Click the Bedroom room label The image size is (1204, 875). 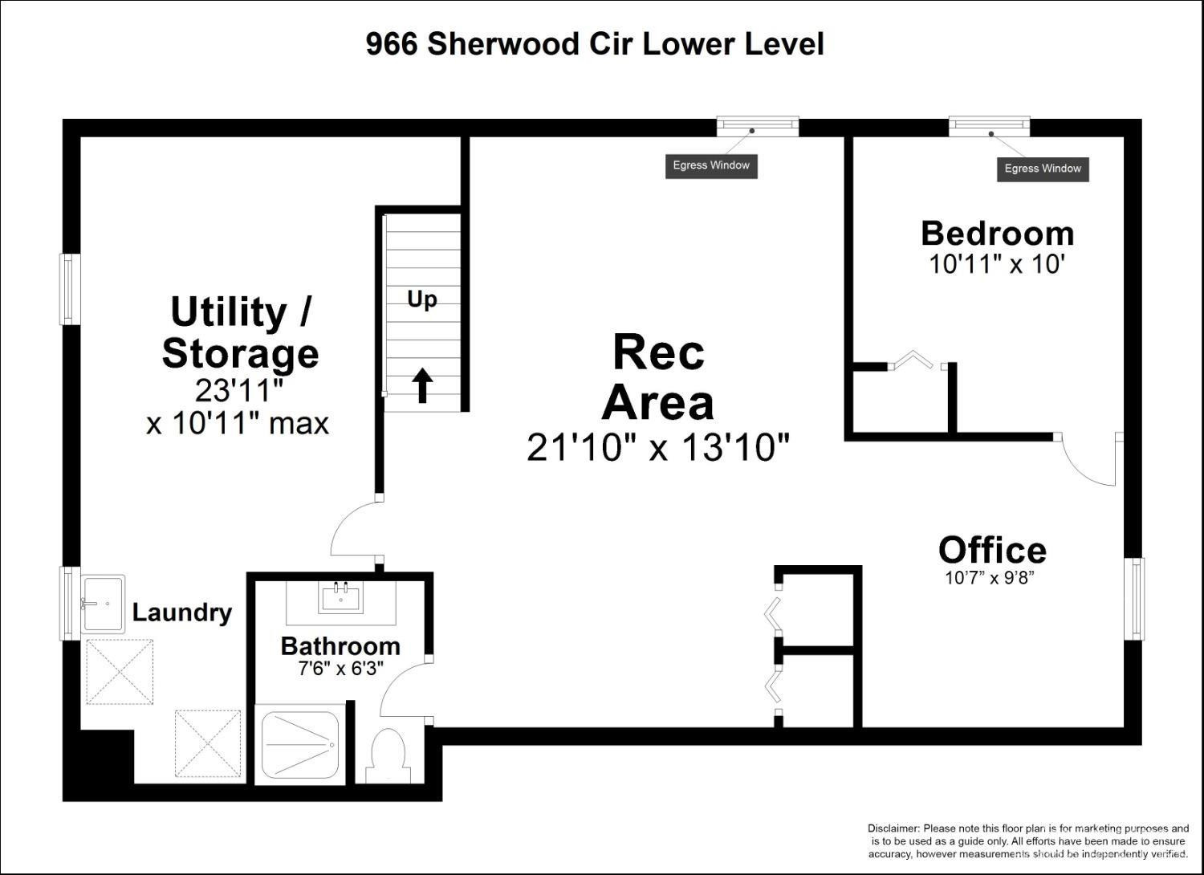pyautogui.click(x=997, y=233)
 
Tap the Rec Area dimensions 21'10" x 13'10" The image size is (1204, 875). pyautogui.click(x=658, y=447)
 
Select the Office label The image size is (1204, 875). pyautogui.click(x=992, y=550)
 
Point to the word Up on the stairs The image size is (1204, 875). pyautogui.click(x=422, y=299)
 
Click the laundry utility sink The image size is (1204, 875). pyautogui.click(x=103, y=604)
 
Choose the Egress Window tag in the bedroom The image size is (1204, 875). pyautogui.click(x=1043, y=169)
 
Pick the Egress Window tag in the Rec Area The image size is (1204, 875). pyautogui.click(x=711, y=165)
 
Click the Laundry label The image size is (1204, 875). pyautogui.click(x=181, y=612)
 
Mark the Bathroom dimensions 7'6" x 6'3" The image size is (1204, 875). pyautogui.click(x=340, y=668)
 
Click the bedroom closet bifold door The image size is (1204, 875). pyautogui.click(x=914, y=359)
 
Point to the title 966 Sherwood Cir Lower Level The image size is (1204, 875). pyautogui.click(x=595, y=44)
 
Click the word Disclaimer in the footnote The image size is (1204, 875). pyautogui.click(x=893, y=828)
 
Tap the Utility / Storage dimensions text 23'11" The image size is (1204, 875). pyautogui.click(x=238, y=391)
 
